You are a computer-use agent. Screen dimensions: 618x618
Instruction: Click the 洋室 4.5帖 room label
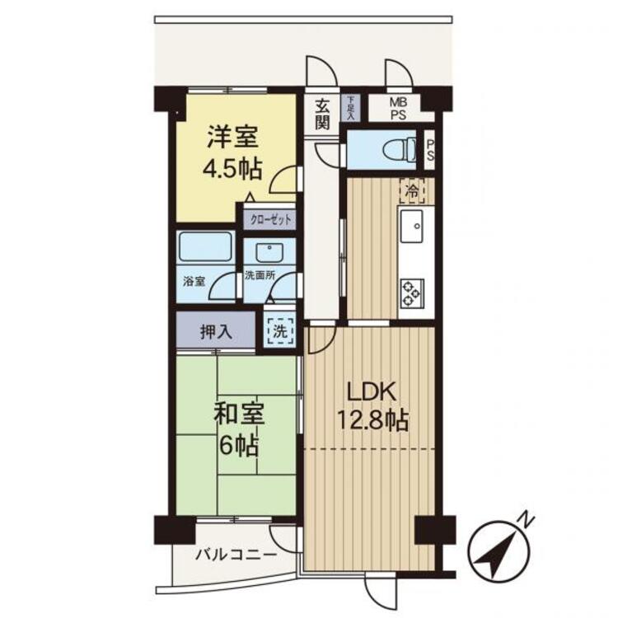233,152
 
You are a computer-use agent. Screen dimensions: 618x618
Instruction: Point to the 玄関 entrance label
322,114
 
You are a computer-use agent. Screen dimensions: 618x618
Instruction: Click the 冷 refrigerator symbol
410,190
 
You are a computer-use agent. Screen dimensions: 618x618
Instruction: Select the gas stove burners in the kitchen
411,290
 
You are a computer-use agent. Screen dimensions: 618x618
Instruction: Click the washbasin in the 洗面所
269,252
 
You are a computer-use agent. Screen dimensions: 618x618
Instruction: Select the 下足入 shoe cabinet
349,109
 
